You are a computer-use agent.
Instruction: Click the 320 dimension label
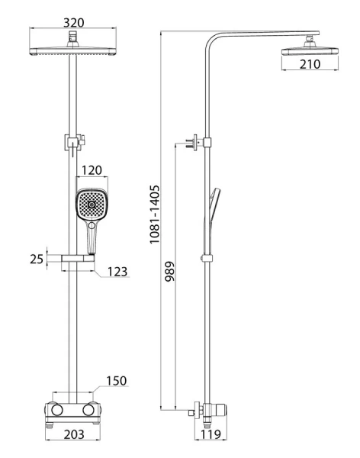point(73,22)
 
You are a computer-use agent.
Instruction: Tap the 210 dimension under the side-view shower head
point(310,64)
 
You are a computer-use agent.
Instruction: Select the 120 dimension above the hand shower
point(92,170)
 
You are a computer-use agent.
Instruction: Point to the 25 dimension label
point(37,259)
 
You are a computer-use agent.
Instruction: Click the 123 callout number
point(117,272)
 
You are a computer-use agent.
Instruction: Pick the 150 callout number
point(117,381)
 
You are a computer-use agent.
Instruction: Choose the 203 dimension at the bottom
point(74,434)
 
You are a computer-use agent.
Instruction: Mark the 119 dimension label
point(211,434)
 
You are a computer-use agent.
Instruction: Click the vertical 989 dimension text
point(169,271)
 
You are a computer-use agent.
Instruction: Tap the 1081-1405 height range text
point(155,214)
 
